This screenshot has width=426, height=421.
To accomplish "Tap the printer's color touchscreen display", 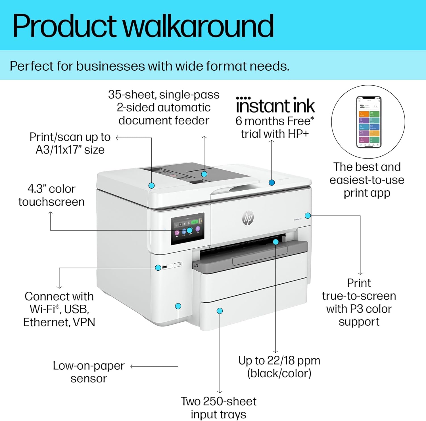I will click(187, 229).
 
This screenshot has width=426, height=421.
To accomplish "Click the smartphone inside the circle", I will click(369, 122).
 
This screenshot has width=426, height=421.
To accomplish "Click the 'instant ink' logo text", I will click(275, 106).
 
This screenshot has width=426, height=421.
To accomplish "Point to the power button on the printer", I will click(178, 265).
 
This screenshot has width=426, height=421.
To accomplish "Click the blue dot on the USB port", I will click(158, 268).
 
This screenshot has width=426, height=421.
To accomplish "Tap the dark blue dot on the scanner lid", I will click(272, 182).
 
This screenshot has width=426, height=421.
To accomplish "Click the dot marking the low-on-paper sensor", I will click(178, 306).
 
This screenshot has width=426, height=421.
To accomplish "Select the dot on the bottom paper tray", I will click(220, 311).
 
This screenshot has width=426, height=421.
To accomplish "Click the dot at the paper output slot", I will click(275, 242).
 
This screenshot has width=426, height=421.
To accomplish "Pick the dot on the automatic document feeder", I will click(204, 174).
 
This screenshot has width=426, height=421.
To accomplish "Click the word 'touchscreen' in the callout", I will click(51, 202).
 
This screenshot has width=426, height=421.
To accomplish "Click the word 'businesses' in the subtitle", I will click(111, 66).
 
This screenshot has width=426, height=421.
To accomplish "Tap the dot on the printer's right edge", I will click(308, 216).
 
